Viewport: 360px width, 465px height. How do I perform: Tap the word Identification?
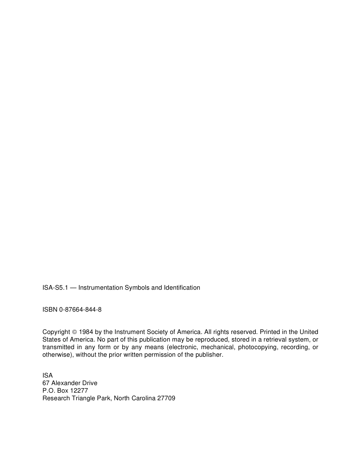click(182, 287)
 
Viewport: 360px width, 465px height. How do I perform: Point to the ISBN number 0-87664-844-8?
click(80, 309)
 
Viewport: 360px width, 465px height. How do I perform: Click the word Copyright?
click(56, 332)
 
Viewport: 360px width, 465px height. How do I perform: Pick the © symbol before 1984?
click(74, 332)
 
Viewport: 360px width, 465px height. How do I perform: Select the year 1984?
click(86, 332)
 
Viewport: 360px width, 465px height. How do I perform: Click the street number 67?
click(46, 383)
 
